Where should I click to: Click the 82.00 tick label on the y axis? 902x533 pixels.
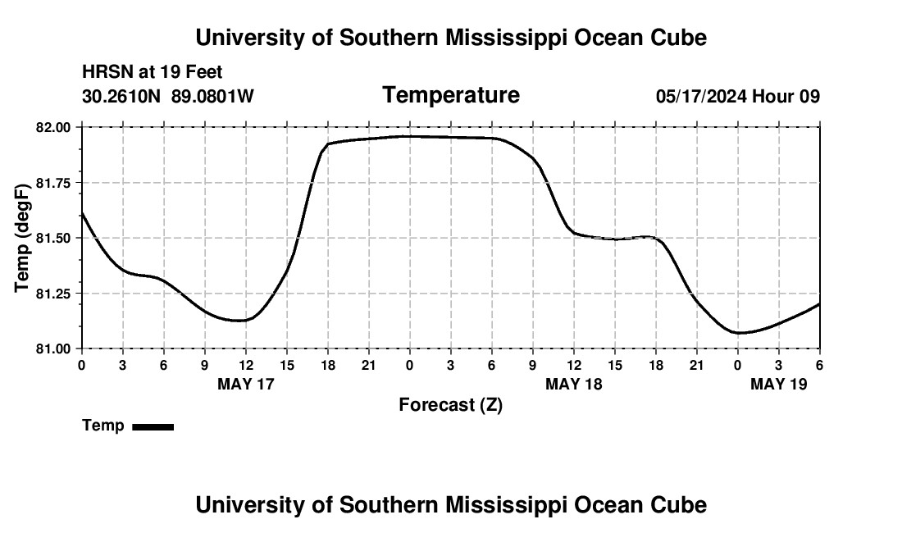pos(54,127)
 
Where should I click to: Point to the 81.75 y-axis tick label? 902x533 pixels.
pos(54,183)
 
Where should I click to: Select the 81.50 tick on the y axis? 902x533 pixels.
pos(54,238)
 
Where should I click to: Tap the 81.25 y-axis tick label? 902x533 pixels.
pos(54,294)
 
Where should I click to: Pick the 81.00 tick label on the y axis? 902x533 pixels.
pos(54,348)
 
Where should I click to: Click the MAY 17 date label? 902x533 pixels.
pos(246,384)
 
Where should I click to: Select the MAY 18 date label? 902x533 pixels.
pos(574,384)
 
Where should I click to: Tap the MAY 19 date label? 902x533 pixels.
pos(779,384)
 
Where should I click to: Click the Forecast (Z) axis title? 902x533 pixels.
pos(450,405)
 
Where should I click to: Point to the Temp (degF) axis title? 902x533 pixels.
pos(22,238)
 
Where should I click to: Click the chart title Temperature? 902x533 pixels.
pos(451,95)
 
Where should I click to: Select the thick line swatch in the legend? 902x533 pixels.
pos(153,426)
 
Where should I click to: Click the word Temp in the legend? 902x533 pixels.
pos(103,426)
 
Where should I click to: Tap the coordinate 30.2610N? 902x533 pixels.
pos(122,96)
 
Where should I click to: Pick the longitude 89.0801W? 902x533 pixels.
pos(212,96)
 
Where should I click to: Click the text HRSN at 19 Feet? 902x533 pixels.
pos(153,73)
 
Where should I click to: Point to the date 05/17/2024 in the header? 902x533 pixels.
pos(701,96)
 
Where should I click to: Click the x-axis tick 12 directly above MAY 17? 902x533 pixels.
pos(246,364)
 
